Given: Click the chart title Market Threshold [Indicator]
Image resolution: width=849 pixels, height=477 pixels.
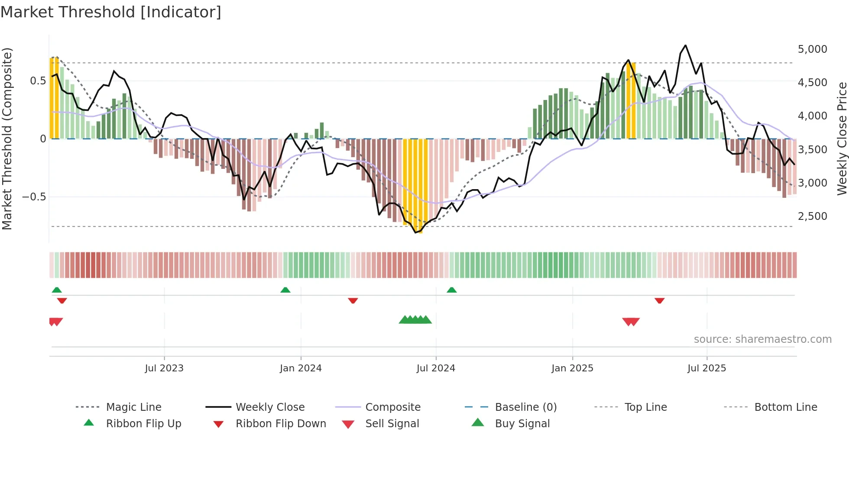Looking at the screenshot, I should pos(111,12).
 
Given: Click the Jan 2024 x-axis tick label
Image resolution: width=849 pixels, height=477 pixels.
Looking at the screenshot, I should pos(301,368).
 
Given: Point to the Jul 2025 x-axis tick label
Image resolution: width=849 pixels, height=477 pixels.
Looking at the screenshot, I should pos(706,368).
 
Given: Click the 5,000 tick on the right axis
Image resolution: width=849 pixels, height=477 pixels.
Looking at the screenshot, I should pos(812,49).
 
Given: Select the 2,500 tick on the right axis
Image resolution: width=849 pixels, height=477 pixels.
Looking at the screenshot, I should pos(812,216).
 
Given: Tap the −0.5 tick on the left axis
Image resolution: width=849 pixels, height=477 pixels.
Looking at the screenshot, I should pos(34,197).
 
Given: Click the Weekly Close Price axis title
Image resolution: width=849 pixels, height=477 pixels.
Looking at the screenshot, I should pos(842,139).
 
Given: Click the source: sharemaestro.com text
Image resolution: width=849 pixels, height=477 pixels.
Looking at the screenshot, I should pos(762,339).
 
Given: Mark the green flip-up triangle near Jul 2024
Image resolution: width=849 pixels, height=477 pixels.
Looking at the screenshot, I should pos(452,290).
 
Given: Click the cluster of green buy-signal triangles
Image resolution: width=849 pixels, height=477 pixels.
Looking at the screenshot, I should pos(415,320).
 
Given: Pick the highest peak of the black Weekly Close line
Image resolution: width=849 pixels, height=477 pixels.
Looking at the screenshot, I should pos(685,45).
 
